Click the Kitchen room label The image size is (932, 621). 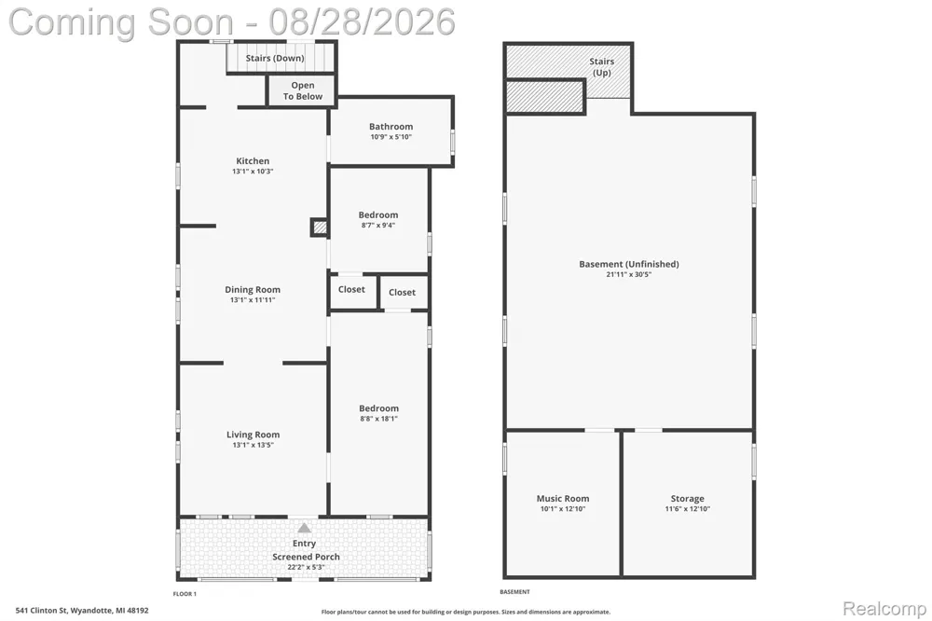pyautogui.click(x=253, y=160)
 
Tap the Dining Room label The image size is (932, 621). pyautogui.click(x=253, y=290)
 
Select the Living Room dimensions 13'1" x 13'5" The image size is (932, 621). pyautogui.click(x=254, y=445)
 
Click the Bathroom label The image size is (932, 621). pyautogui.click(x=391, y=127)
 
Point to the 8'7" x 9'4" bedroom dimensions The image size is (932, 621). pyautogui.click(x=378, y=226)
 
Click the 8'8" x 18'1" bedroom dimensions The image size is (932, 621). pyautogui.click(x=378, y=419)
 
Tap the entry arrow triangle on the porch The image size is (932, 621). pyautogui.click(x=305, y=528)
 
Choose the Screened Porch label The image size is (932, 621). pyautogui.click(x=306, y=557)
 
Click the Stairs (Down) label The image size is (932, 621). pyautogui.click(x=275, y=59)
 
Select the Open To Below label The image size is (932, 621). pyautogui.click(x=303, y=91)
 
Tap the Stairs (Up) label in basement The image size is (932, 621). pyautogui.click(x=601, y=67)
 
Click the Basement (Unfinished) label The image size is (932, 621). pyautogui.click(x=629, y=264)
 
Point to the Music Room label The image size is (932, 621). pyautogui.click(x=563, y=499)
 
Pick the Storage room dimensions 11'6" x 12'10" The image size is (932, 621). pyautogui.click(x=688, y=509)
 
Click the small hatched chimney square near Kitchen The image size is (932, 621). pyautogui.click(x=319, y=228)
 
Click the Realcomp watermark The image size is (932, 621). pyautogui.click(x=884, y=609)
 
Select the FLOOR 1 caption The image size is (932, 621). pyautogui.click(x=185, y=594)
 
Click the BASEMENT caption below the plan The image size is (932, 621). pyautogui.click(x=514, y=592)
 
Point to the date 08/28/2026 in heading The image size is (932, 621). pyautogui.click(x=362, y=22)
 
